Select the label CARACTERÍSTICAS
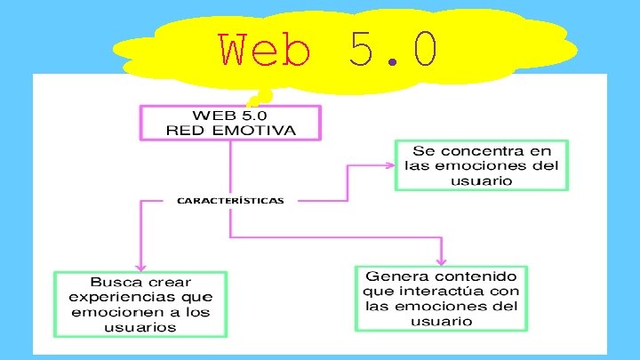click(x=230, y=201)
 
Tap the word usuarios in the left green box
click(x=140, y=327)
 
